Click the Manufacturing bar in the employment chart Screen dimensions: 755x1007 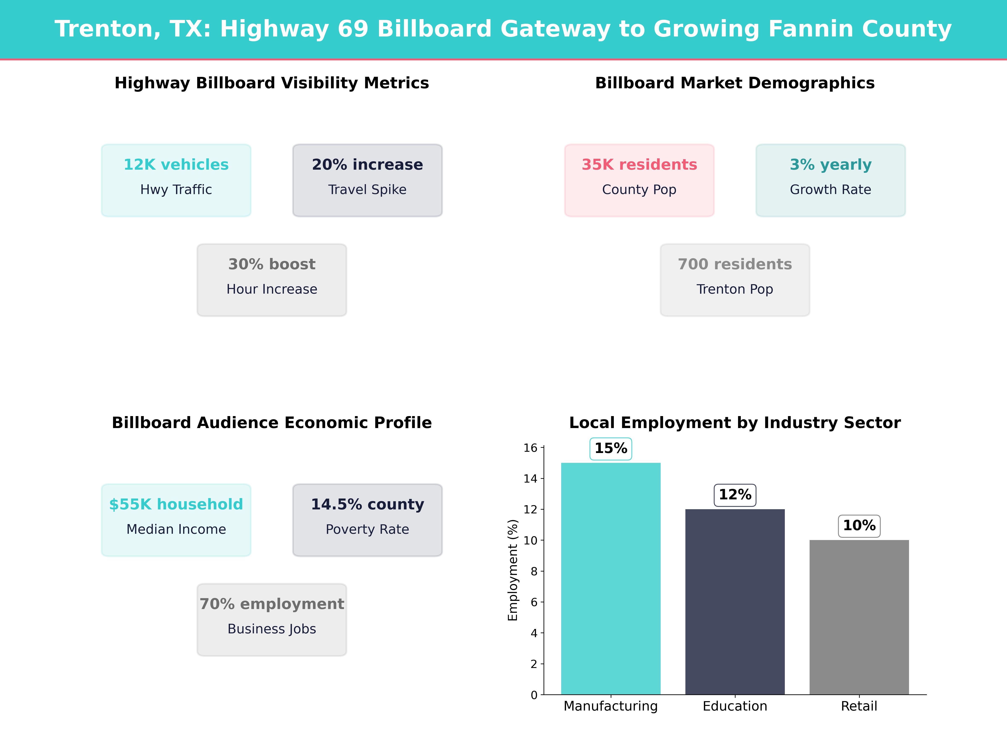click(x=610, y=578)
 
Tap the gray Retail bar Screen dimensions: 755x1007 click(x=859, y=617)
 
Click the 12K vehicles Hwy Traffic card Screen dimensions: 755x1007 click(x=176, y=180)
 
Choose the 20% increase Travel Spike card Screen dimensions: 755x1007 click(x=367, y=180)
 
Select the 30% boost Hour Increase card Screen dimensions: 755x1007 click(x=272, y=280)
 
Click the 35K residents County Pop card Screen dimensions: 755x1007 click(x=639, y=180)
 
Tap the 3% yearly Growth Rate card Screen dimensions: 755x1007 click(x=830, y=180)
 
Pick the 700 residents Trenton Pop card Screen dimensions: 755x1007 click(x=735, y=280)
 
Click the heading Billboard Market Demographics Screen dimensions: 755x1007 click(x=735, y=83)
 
